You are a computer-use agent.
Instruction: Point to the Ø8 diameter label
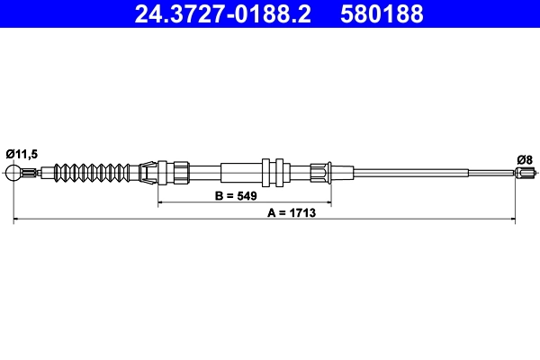[x=525, y=159]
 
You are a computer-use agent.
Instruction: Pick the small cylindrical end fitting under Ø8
[x=527, y=172]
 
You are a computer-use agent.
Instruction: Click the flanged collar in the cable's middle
[x=274, y=171]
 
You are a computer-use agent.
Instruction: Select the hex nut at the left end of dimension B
[x=181, y=171]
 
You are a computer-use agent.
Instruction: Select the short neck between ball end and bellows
[x=31, y=172]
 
